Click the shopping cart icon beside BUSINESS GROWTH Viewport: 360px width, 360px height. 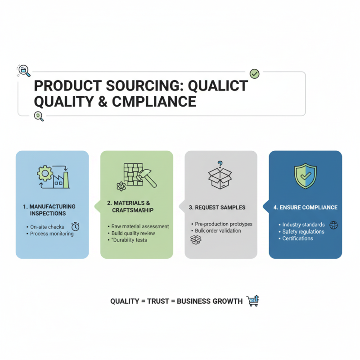253,301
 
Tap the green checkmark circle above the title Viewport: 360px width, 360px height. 254,73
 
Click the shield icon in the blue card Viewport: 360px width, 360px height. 305,176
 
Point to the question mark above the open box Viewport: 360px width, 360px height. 220,164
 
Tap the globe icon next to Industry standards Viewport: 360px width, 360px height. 333,225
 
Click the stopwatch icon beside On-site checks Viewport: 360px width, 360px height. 76,226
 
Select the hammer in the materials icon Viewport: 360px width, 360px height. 147,178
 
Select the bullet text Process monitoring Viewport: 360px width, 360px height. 52,234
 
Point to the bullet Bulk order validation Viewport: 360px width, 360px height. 218,231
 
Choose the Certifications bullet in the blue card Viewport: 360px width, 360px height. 297,238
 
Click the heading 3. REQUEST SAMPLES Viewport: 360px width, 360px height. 217,207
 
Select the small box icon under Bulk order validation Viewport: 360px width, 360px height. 196,240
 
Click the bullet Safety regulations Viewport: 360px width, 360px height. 303,232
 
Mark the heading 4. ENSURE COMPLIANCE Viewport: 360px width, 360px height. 305,207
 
